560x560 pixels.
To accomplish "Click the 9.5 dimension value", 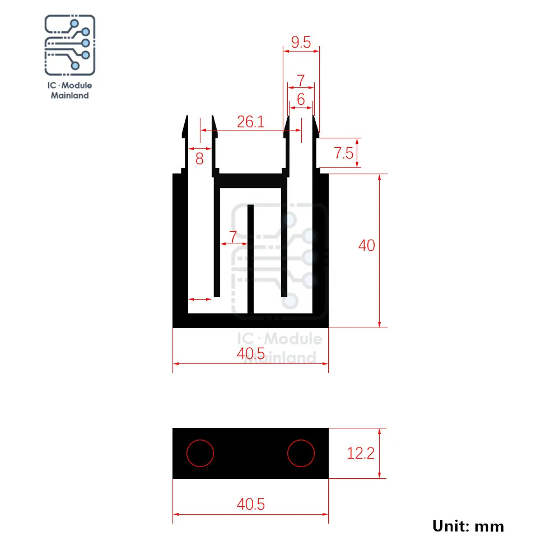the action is point(301,42).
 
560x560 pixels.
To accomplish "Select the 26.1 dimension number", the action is point(251,122).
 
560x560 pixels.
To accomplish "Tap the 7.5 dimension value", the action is point(344,153).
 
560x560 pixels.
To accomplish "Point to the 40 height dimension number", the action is point(366,245).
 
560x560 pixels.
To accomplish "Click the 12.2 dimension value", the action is point(360,453).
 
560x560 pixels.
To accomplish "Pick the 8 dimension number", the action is point(199,158).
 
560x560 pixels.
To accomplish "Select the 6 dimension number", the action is point(301,99).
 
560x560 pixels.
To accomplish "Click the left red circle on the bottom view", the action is point(200,453).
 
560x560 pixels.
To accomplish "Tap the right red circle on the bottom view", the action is point(301,453).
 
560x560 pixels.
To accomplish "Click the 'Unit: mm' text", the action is point(468,526).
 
